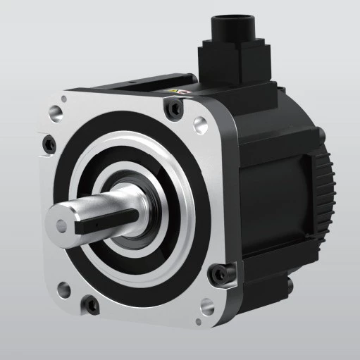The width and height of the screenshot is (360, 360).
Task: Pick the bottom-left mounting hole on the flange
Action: pyautogui.click(x=63, y=287)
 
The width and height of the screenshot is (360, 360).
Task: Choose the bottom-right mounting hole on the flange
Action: pyautogui.click(x=206, y=307)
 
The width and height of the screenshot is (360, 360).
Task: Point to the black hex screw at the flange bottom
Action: pyautogui.click(x=89, y=305)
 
